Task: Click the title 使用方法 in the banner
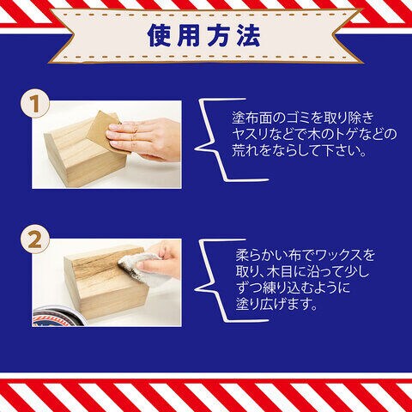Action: (203, 35)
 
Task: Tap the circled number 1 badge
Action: (34, 104)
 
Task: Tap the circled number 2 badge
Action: (34, 239)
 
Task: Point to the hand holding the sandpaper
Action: (144, 140)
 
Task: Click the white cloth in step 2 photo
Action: (140, 268)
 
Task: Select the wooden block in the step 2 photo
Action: (106, 283)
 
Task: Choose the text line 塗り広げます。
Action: (276, 305)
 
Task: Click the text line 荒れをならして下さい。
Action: (299, 150)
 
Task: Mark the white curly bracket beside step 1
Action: (217, 140)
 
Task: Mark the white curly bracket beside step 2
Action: (217, 280)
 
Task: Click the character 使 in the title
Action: (159, 35)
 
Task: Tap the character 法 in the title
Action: (248, 35)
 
